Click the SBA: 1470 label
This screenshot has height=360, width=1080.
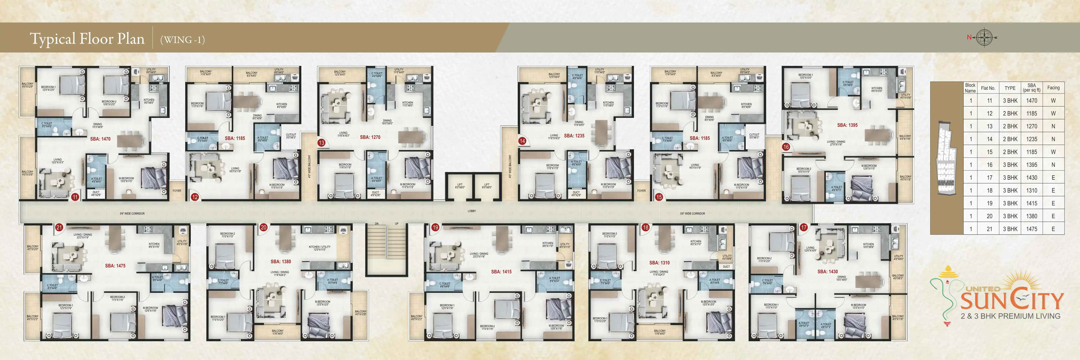pyautogui.click(x=100, y=139)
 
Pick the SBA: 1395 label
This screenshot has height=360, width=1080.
pyautogui.click(x=847, y=125)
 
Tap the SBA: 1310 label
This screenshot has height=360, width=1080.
pyautogui.click(x=660, y=263)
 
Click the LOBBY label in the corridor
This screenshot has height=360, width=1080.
pyautogui.click(x=472, y=211)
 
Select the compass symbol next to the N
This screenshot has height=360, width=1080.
pyautogui.click(x=984, y=37)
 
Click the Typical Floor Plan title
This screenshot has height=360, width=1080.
pyautogui.click(x=87, y=39)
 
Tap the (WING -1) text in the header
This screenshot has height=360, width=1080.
pyautogui.click(x=182, y=40)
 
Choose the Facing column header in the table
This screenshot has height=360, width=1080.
pyautogui.click(x=1053, y=88)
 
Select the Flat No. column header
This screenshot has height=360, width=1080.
pyautogui.click(x=988, y=88)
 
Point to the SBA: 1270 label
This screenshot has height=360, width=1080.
pyautogui.click(x=370, y=137)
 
